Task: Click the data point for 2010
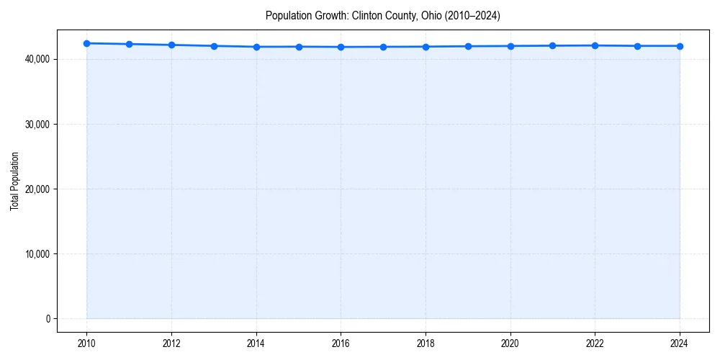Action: click(86, 43)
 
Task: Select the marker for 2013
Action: click(214, 46)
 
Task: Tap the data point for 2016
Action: click(341, 47)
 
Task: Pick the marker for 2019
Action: click(468, 46)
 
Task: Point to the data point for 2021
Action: click(552, 45)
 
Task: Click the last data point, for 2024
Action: click(680, 46)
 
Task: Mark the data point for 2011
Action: click(129, 44)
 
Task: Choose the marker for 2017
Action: click(383, 47)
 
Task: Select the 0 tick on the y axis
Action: click(48, 318)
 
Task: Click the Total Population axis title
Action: click(14, 181)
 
